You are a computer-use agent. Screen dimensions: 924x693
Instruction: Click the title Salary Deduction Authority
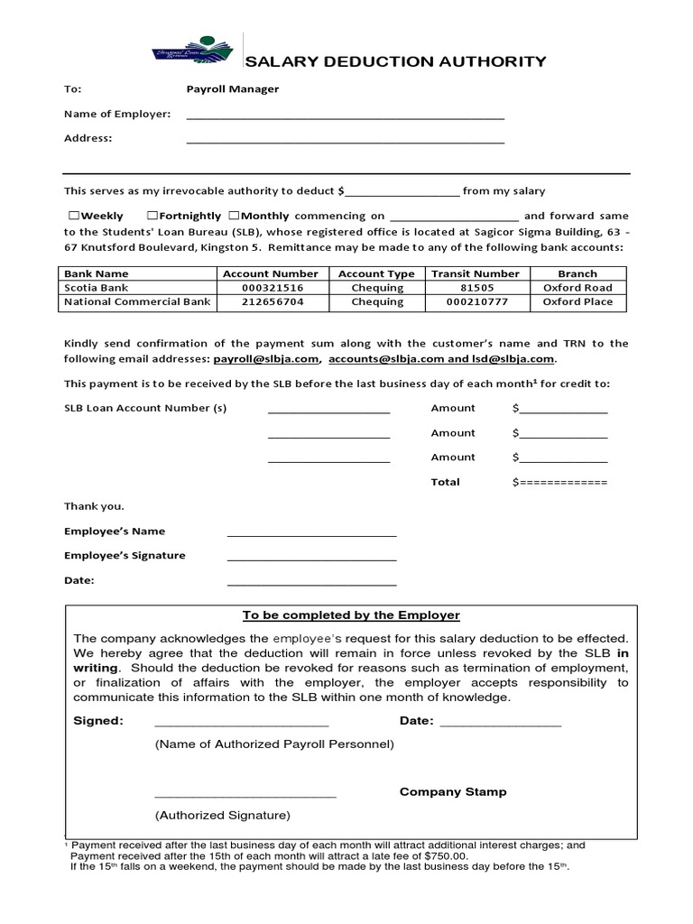pyautogui.click(x=396, y=61)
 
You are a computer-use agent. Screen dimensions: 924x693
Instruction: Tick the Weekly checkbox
pyautogui.click(x=73, y=217)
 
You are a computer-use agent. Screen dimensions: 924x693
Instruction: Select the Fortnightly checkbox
pyautogui.click(x=153, y=217)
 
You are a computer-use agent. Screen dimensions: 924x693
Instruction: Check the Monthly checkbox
pyautogui.click(x=234, y=217)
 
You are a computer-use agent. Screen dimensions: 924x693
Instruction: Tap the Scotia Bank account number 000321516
pyautogui.click(x=273, y=288)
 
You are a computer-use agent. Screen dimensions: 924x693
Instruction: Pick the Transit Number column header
pyautogui.click(x=475, y=273)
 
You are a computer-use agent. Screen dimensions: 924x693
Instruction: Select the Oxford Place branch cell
pyautogui.click(x=577, y=302)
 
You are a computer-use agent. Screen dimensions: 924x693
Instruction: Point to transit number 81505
pyautogui.click(x=475, y=288)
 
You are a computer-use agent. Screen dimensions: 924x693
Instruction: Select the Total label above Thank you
pyautogui.click(x=445, y=482)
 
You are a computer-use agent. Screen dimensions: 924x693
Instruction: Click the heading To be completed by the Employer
pyautogui.click(x=351, y=615)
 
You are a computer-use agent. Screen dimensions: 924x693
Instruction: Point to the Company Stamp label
pyautogui.click(x=453, y=791)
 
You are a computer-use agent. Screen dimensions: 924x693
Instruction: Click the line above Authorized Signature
pyautogui.click(x=245, y=796)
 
